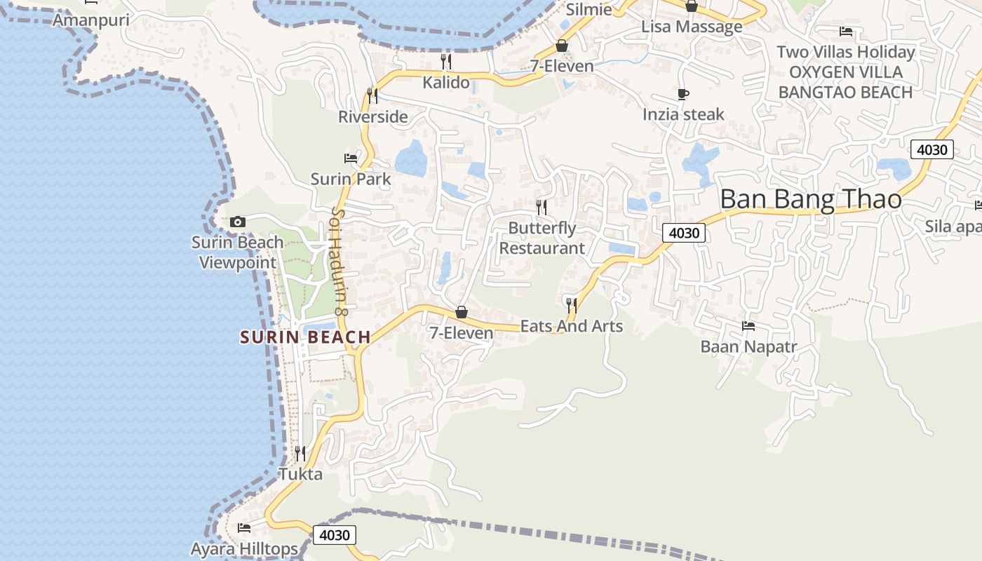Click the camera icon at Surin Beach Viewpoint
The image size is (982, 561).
tap(238, 222)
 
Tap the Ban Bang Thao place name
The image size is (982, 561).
tap(810, 199)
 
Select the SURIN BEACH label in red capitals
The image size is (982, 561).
tap(305, 337)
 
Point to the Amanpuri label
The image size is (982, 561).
tap(91, 20)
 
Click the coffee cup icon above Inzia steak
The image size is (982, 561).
tap(683, 94)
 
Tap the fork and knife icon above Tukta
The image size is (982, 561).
tap(300, 453)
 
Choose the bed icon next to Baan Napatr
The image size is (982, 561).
tap(748, 326)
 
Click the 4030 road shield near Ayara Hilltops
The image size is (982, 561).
tap(335, 535)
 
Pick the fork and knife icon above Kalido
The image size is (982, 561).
tap(445, 62)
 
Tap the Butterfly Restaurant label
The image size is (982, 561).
tap(542, 238)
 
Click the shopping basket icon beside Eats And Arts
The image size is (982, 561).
tap(462, 312)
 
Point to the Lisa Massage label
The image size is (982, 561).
tap(692, 27)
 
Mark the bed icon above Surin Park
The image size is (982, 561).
tap(351, 158)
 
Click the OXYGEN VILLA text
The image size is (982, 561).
tap(846, 72)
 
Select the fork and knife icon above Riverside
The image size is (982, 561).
tap(372, 95)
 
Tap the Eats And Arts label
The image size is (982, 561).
tap(571, 326)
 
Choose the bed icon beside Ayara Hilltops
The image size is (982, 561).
tap(244, 527)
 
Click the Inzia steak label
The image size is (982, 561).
tap(683, 114)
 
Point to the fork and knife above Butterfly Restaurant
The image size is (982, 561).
tap(542, 207)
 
